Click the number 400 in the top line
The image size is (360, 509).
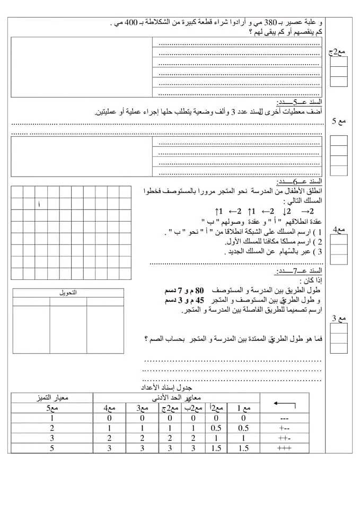coord(128,23)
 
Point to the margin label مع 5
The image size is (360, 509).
coord(338,121)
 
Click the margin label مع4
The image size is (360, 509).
coord(338,230)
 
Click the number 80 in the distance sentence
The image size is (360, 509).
coord(199,291)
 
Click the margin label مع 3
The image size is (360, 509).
coord(338,319)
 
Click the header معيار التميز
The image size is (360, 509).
coord(52,397)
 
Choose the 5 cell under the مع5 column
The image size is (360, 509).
coord(52,449)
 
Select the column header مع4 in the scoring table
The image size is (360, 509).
coord(109,408)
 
